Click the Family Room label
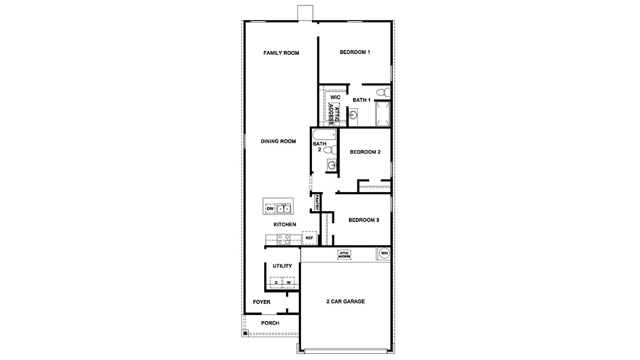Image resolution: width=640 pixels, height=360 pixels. [281, 53]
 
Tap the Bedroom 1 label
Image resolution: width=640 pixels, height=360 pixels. [355, 53]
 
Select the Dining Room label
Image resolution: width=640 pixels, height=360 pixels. [278, 141]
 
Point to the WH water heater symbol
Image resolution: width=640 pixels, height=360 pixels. [384, 253]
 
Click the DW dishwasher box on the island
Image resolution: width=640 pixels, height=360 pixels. [270, 208]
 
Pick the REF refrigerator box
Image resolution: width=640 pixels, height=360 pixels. [309, 238]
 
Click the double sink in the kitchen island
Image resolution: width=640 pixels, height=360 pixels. [284, 208]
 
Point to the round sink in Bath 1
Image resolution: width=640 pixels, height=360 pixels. [353, 115]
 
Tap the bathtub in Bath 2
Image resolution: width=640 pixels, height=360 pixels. [324, 134]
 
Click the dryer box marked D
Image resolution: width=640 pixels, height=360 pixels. [276, 283]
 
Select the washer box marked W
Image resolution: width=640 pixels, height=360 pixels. [289, 283]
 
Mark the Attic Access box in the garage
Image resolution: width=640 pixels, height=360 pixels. [344, 254]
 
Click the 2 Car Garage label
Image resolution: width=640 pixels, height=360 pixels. [345, 302]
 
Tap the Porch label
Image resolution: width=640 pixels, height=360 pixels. [270, 323]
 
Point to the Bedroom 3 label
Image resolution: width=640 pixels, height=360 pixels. [363, 220]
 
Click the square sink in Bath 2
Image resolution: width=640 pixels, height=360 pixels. [332, 165]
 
